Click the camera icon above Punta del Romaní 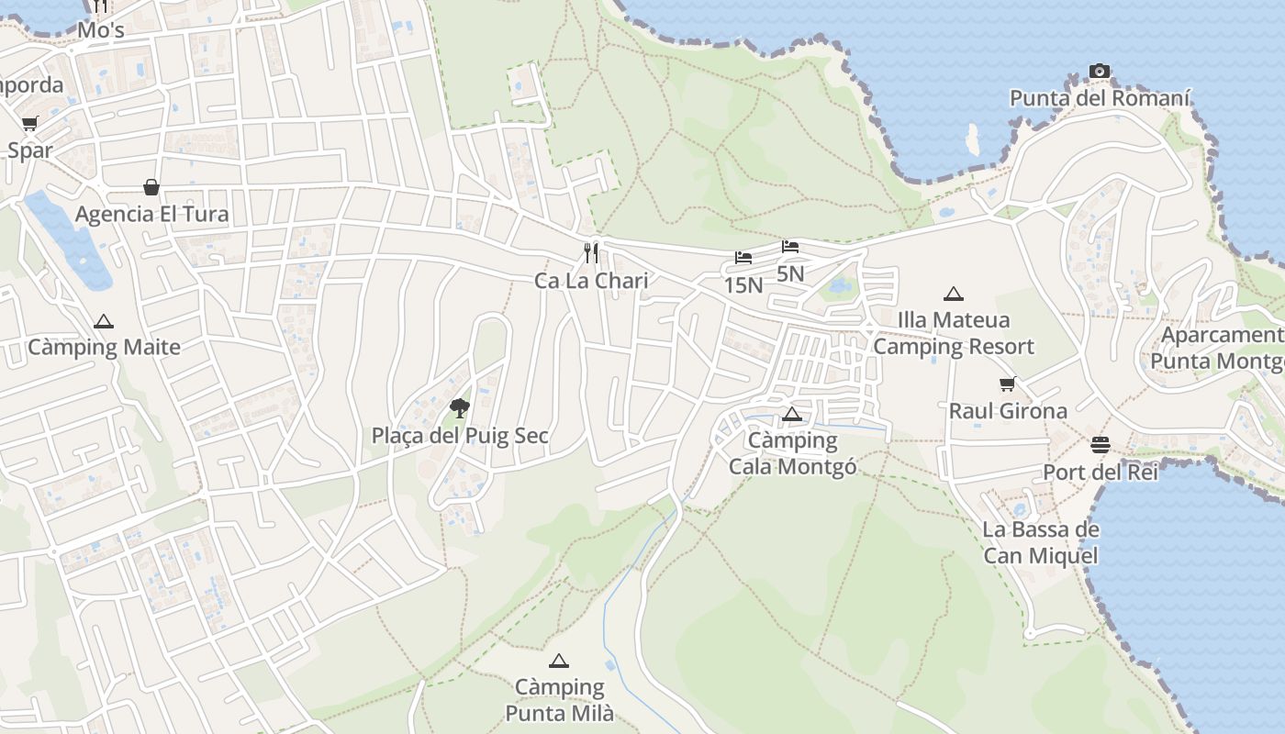(x=1100, y=71)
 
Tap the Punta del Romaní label (x=1100, y=98)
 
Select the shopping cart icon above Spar (x=30, y=124)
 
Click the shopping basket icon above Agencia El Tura (x=151, y=187)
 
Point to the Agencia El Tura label (x=151, y=215)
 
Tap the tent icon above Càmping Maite (x=104, y=321)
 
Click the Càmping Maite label (x=104, y=348)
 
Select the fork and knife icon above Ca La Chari (x=592, y=252)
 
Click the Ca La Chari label (x=592, y=281)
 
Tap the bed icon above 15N (x=743, y=258)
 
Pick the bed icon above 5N (x=790, y=246)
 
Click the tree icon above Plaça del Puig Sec (x=460, y=407)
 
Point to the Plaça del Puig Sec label (x=460, y=436)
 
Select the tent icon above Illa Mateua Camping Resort (x=954, y=294)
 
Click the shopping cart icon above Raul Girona (x=1008, y=384)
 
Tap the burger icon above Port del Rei (x=1101, y=445)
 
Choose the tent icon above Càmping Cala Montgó (x=792, y=414)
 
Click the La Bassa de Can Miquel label (x=1041, y=542)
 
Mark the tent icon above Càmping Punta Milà (x=559, y=661)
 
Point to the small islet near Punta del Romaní (x=972, y=139)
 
